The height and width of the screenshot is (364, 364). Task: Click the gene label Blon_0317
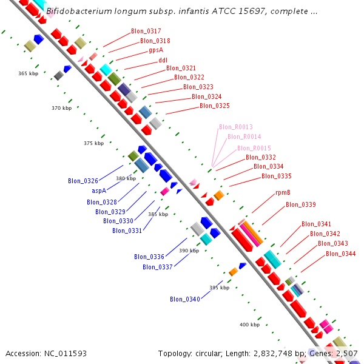146,31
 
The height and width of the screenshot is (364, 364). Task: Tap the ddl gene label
163,60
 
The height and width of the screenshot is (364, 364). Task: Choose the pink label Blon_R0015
254,148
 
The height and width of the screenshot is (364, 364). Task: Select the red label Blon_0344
340,254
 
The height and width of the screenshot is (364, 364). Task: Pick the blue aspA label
99,190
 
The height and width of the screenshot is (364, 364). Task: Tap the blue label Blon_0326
83,181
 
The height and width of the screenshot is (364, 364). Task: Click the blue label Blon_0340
184,299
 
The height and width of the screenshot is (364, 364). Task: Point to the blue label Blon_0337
158,267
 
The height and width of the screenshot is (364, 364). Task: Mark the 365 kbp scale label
28,73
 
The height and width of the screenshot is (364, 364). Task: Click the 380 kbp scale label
126,178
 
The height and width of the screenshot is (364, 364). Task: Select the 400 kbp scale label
249,325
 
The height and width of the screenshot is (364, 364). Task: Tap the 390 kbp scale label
189,250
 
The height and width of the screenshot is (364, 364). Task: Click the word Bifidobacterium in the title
81,12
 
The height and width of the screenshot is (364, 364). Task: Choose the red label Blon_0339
300,204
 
